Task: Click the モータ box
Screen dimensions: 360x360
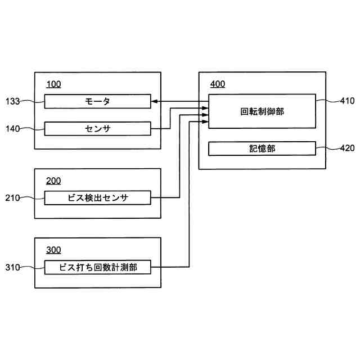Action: pyautogui.click(x=97, y=101)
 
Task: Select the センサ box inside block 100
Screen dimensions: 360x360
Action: pyautogui.click(x=97, y=129)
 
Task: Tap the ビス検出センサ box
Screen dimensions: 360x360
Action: pyautogui.click(x=97, y=197)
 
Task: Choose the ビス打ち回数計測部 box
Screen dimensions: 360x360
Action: pyautogui.click(x=97, y=267)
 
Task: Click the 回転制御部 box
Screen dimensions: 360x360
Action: pyautogui.click(x=262, y=111)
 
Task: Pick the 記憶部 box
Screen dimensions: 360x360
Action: pyautogui.click(x=262, y=148)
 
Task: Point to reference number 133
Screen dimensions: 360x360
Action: pyautogui.click(x=13, y=101)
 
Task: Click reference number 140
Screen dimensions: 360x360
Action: pyautogui.click(x=13, y=129)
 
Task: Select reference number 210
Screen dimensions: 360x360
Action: pyautogui.click(x=13, y=197)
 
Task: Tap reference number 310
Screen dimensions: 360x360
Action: pyautogui.click(x=13, y=267)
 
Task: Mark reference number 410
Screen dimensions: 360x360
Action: pyautogui.click(x=347, y=101)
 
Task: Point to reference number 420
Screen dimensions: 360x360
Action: pyautogui.click(x=347, y=148)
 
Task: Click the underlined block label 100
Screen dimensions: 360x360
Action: pyautogui.click(x=53, y=85)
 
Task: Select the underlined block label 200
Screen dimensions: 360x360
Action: pyautogui.click(x=53, y=181)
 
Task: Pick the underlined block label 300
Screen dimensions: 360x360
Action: pyautogui.click(x=53, y=250)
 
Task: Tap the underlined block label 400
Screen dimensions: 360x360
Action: pyautogui.click(x=218, y=85)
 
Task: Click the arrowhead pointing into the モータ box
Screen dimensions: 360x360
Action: pyautogui.click(x=154, y=101)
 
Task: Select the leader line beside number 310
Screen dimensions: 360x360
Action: pyautogui.click(x=33, y=267)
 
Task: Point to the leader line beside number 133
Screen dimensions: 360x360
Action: pyautogui.click(x=33, y=101)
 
